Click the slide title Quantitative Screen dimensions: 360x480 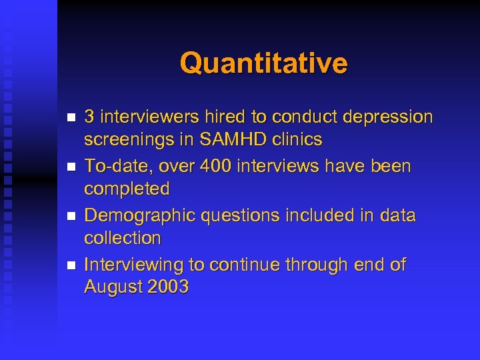(x=263, y=63)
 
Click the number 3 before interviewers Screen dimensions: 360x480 (x=89, y=117)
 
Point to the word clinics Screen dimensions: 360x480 (x=297, y=140)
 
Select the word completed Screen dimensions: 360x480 (x=127, y=189)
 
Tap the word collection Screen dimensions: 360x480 (x=123, y=238)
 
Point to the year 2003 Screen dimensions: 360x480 (x=169, y=287)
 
